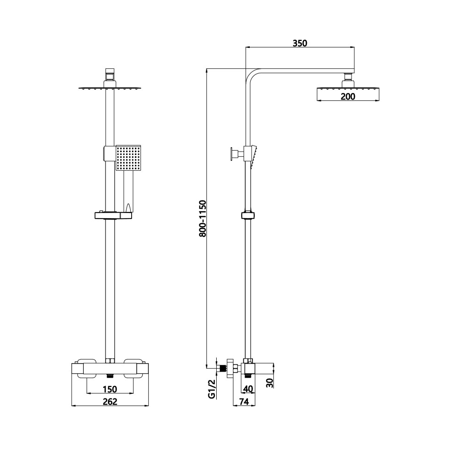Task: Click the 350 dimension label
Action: tap(300, 43)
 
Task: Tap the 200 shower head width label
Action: tap(348, 97)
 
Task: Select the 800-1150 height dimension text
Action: tap(203, 219)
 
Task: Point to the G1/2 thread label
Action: tap(212, 389)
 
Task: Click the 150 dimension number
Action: tap(110, 389)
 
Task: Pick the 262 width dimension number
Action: tap(110, 401)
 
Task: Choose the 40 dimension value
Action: tap(248, 389)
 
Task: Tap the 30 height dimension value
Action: tap(270, 382)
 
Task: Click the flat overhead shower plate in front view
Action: tap(110, 87)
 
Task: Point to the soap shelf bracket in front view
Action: tap(113, 215)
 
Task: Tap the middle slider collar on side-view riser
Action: tap(248, 215)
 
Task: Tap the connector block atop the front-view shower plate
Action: tap(110, 74)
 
